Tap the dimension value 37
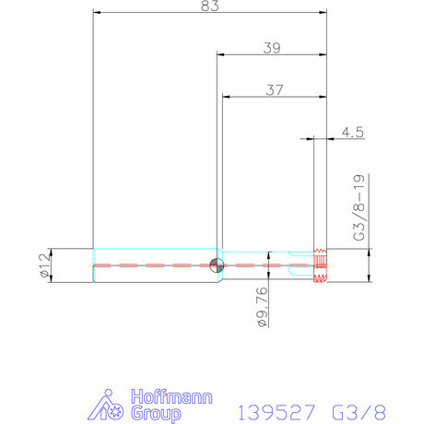[274, 89]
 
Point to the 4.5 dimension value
[352, 132]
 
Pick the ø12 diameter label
[43, 265]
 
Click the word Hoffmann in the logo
[173, 397]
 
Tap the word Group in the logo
[157, 413]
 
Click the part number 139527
[277, 410]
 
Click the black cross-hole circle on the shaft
[216, 265]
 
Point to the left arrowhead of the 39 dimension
[219, 54]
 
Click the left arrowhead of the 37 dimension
[225, 97]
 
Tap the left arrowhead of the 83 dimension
[97, 14]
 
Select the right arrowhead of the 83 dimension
[324, 14]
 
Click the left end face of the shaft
[94, 265]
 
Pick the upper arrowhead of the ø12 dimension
[53, 250]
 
